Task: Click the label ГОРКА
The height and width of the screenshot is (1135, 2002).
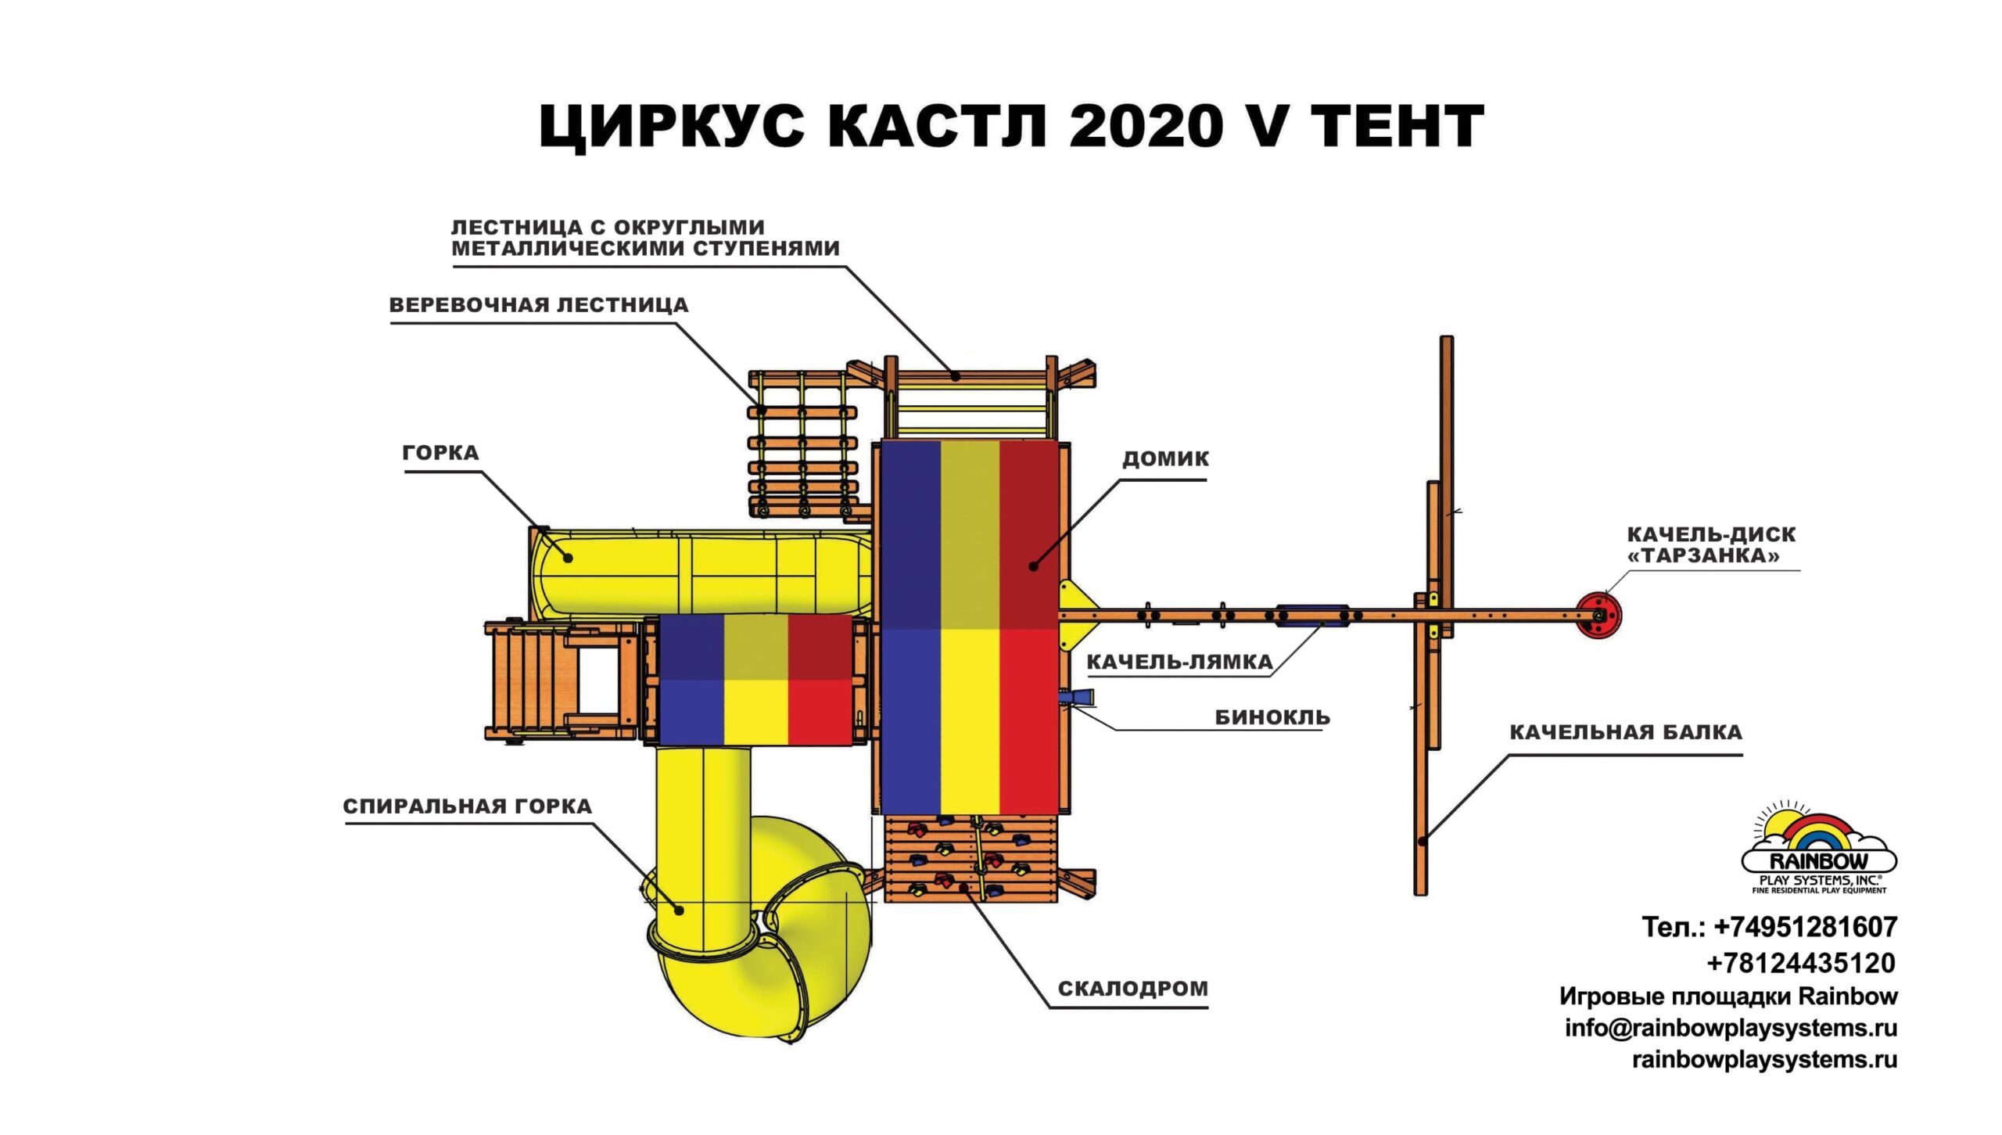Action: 440,453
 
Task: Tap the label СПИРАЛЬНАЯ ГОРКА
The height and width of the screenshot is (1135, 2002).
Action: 467,806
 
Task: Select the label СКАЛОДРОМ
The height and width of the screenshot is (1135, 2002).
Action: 1132,989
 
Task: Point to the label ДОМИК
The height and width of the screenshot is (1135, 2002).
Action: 1165,458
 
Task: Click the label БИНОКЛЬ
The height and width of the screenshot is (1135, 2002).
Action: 1272,717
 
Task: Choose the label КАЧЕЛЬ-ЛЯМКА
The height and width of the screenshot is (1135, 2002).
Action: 1179,663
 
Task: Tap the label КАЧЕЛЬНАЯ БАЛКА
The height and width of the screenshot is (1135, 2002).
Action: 1625,733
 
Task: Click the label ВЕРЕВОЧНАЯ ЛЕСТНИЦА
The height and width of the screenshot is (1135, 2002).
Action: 539,305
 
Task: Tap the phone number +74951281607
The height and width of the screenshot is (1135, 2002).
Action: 1806,928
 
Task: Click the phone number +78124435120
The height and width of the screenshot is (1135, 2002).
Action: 1800,963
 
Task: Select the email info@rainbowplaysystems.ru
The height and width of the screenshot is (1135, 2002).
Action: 1731,1028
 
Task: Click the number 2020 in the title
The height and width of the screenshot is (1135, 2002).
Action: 1143,126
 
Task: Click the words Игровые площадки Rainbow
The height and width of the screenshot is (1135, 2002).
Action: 1728,997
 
